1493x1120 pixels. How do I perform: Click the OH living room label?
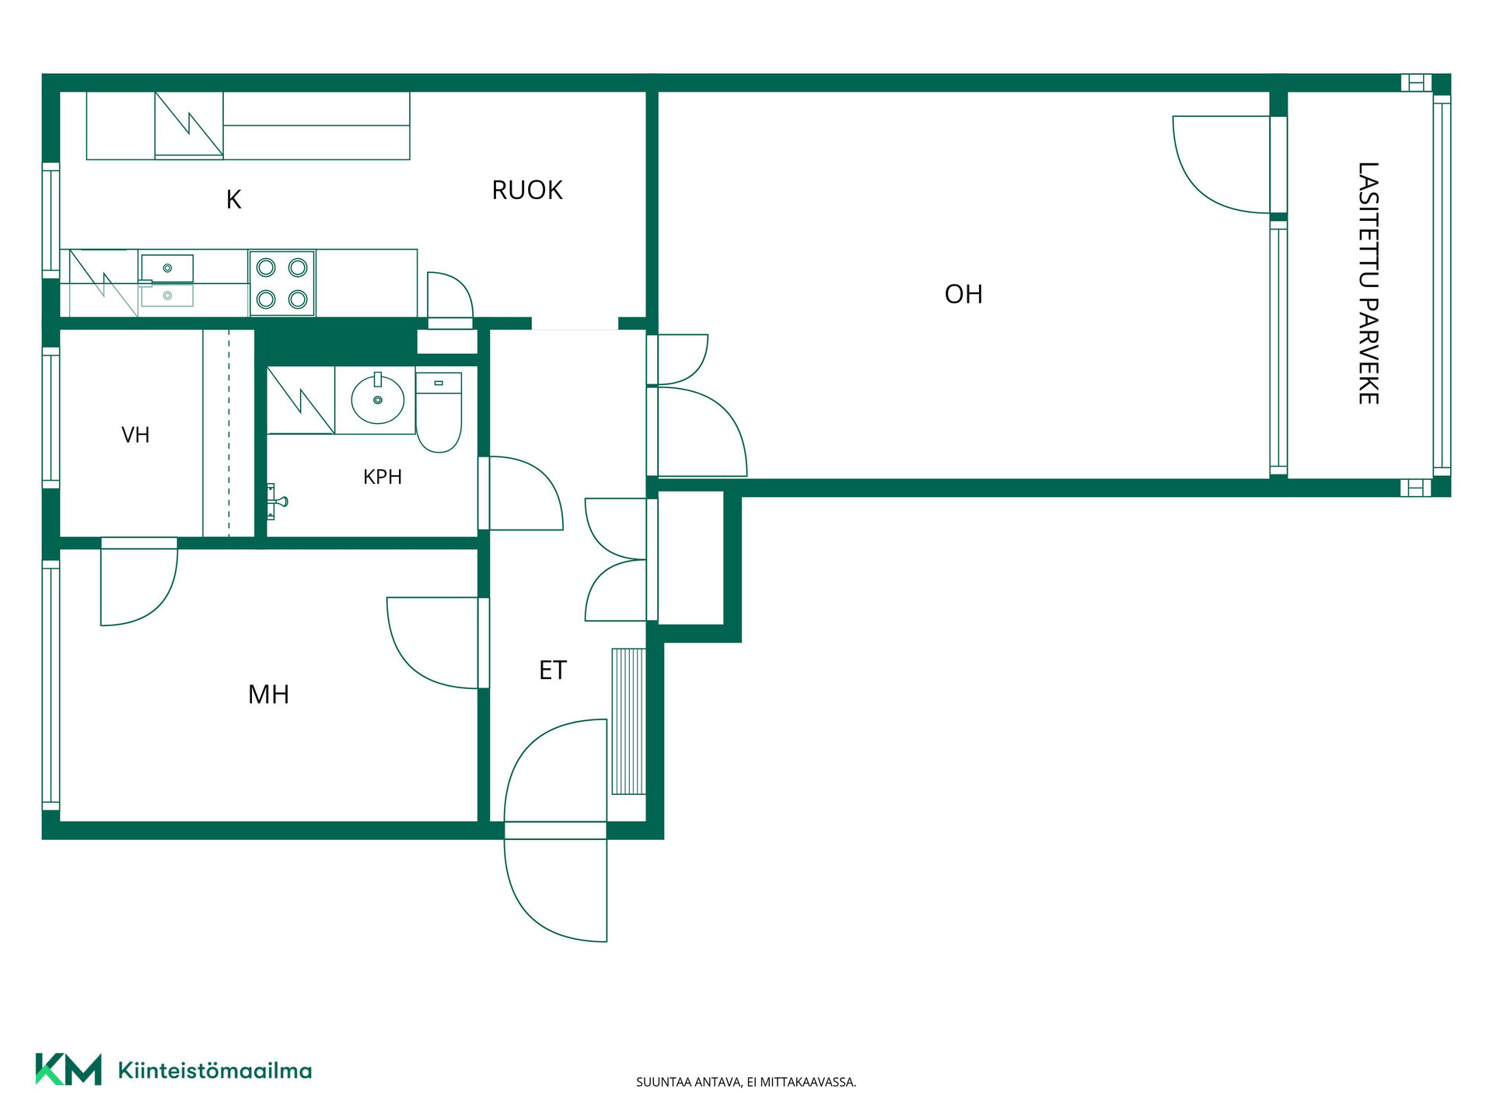click(x=963, y=294)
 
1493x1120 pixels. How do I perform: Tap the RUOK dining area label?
click(x=526, y=190)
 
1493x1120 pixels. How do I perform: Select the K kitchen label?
click(x=233, y=200)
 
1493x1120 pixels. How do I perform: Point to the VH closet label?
click(x=135, y=435)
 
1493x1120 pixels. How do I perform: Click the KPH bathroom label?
click(x=383, y=477)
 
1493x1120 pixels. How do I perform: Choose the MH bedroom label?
click(x=268, y=694)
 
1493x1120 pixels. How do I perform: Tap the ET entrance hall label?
click(x=553, y=670)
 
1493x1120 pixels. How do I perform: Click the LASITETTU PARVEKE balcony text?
click(x=1368, y=283)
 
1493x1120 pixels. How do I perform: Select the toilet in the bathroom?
click(x=439, y=412)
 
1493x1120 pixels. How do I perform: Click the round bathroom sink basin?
click(x=378, y=399)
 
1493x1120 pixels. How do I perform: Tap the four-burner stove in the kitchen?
click(x=281, y=283)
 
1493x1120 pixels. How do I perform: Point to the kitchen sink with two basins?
click(x=166, y=281)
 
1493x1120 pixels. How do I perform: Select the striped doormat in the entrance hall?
click(x=628, y=722)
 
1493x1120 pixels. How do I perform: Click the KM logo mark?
click(x=68, y=1069)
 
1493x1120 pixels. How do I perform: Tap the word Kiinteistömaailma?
click(x=215, y=1070)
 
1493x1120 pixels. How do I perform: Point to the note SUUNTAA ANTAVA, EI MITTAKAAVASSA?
click(x=746, y=1082)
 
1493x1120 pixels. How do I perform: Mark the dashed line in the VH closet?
click(x=229, y=433)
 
